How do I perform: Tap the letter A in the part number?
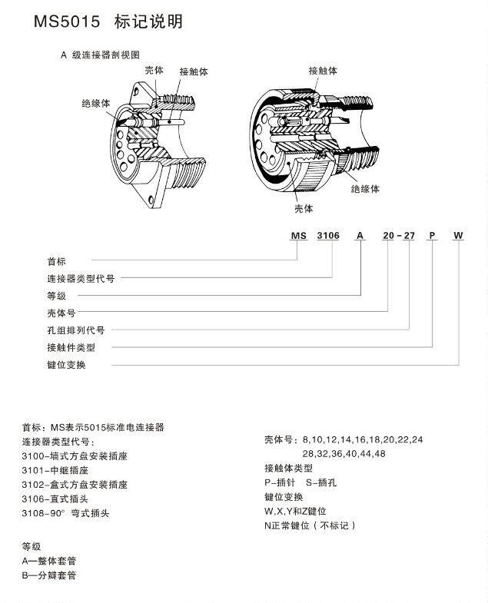click(359, 237)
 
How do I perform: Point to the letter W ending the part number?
click(458, 237)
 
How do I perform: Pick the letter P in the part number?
click(432, 237)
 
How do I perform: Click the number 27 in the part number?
click(409, 237)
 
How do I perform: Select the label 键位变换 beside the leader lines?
click(66, 365)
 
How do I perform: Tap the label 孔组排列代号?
click(75, 330)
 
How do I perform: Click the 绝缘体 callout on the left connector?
click(95, 103)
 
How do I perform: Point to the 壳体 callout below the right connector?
click(304, 208)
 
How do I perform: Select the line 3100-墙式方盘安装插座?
click(75, 456)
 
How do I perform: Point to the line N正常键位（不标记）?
click(310, 525)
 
